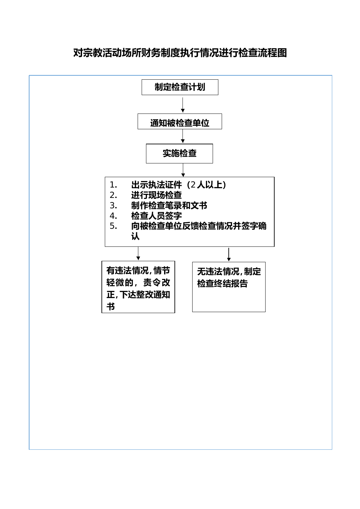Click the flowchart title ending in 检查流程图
click(180, 53)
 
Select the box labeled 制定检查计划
click(180, 87)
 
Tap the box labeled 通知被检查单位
click(179, 121)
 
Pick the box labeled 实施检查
click(179, 153)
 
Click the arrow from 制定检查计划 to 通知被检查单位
click(183, 105)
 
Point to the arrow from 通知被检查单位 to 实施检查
click(183, 136)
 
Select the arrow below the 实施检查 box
click(183, 170)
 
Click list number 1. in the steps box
click(113, 185)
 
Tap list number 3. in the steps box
click(113, 205)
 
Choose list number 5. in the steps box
click(113, 226)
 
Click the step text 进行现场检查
click(156, 195)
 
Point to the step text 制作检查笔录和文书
click(169, 205)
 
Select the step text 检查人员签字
click(156, 216)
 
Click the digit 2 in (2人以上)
click(193, 185)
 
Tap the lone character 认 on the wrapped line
click(135, 236)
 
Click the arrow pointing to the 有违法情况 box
click(138, 253)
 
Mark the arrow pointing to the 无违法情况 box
click(229, 254)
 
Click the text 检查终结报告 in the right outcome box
click(222, 283)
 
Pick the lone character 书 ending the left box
click(111, 306)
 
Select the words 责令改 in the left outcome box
click(157, 282)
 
